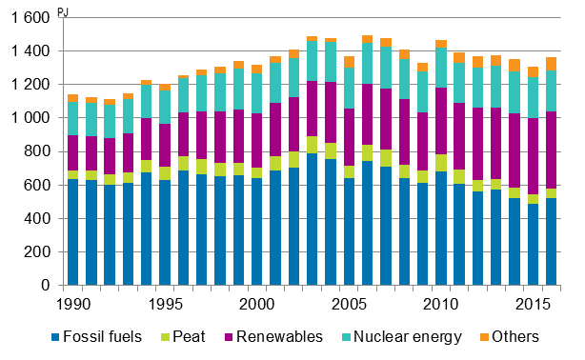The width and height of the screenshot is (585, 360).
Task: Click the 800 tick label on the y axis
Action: tap(38, 151)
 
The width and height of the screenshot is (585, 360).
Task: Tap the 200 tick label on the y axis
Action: tap(38, 252)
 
